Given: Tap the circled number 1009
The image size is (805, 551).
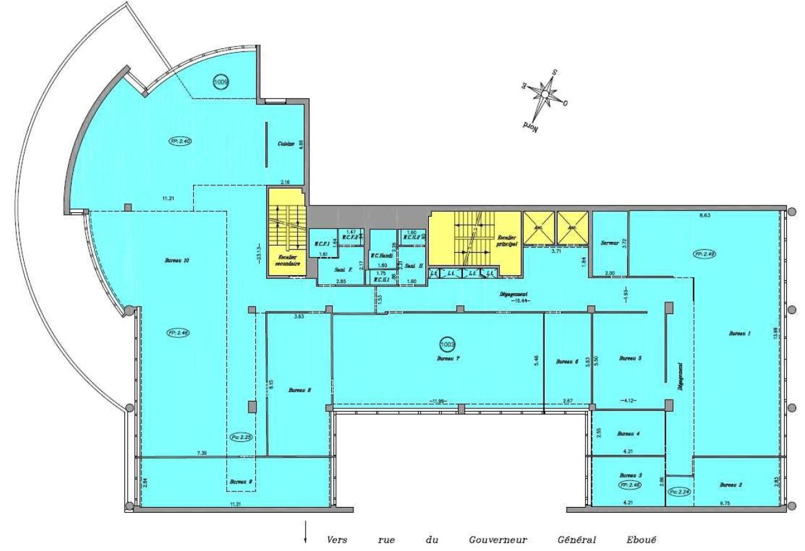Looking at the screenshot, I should [x=221, y=82].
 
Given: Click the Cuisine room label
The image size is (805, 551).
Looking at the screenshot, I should [x=287, y=144].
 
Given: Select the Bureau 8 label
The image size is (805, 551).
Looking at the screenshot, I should [x=300, y=390].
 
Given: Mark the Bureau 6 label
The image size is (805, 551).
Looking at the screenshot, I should [x=567, y=361].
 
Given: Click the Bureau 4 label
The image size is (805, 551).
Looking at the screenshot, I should [x=628, y=434].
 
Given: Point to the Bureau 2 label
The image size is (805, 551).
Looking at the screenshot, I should [x=731, y=484].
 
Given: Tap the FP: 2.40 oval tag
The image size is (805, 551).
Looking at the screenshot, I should [x=180, y=141].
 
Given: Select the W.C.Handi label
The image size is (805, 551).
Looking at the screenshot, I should [x=382, y=255].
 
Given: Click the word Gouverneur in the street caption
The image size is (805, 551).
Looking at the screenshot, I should [x=497, y=540].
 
